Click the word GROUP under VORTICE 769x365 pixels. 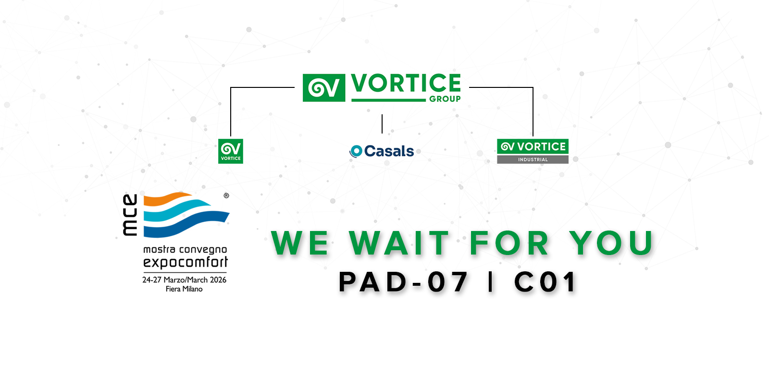(x=445, y=99)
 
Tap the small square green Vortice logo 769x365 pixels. (x=231, y=151)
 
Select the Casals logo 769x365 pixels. (x=382, y=151)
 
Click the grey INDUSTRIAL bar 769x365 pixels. (x=533, y=159)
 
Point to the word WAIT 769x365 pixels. (x=399, y=243)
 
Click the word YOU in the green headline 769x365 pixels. (x=611, y=243)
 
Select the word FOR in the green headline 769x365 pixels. (x=509, y=243)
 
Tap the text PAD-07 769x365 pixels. (x=403, y=282)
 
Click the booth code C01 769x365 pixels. (x=545, y=282)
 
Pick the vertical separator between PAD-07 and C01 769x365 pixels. (x=491, y=281)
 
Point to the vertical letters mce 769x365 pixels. (x=130, y=215)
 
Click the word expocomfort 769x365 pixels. (x=186, y=262)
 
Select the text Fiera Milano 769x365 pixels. (x=184, y=289)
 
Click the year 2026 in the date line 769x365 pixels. (x=218, y=280)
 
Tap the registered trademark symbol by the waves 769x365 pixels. (x=226, y=195)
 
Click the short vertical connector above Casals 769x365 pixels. (x=382, y=124)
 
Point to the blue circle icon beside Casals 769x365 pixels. (x=356, y=151)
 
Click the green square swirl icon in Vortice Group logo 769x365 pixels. (x=324, y=88)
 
